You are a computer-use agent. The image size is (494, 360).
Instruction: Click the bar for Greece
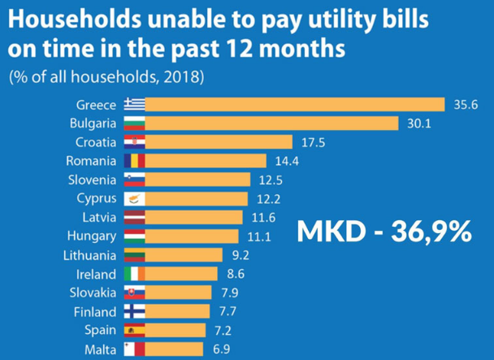(x=294, y=105)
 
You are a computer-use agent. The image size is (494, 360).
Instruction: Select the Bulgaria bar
(x=271, y=124)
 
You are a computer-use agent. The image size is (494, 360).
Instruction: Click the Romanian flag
(x=134, y=161)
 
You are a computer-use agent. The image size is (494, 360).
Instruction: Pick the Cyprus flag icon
(x=134, y=198)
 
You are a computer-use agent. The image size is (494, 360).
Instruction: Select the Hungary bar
(x=192, y=236)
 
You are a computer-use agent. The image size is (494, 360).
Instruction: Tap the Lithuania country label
(x=92, y=255)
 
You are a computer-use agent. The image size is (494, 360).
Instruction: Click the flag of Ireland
(x=134, y=274)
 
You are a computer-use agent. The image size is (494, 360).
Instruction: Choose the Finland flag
(x=134, y=311)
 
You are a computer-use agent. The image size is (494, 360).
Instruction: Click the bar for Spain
(x=179, y=330)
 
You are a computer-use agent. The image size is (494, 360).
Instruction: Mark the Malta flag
(x=134, y=349)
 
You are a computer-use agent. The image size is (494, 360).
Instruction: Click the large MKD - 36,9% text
(x=383, y=231)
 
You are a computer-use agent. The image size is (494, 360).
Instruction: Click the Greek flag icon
(x=134, y=105)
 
